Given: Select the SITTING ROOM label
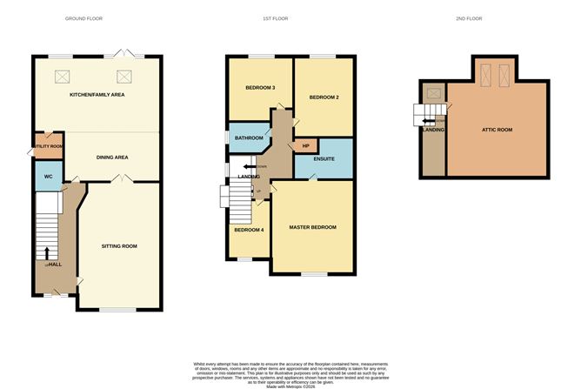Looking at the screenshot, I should pyautogui.click(x=120, y=246).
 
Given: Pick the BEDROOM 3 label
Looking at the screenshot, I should pyautogui.click(x=261, y=88).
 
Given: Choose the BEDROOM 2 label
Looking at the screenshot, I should pyautogui.click(x=324, y=97).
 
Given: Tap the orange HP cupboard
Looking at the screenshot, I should pyautogui.click(x=304, y=147).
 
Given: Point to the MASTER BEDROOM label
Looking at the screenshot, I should pyautogui.click(x=312, y=227).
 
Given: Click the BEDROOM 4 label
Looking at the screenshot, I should pyautogui.click(x=248, y=230).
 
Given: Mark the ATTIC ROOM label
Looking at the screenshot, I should pyautogui.click(x=497, y=130).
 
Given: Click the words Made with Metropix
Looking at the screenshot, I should pyautogui.click(x=290, y=383).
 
